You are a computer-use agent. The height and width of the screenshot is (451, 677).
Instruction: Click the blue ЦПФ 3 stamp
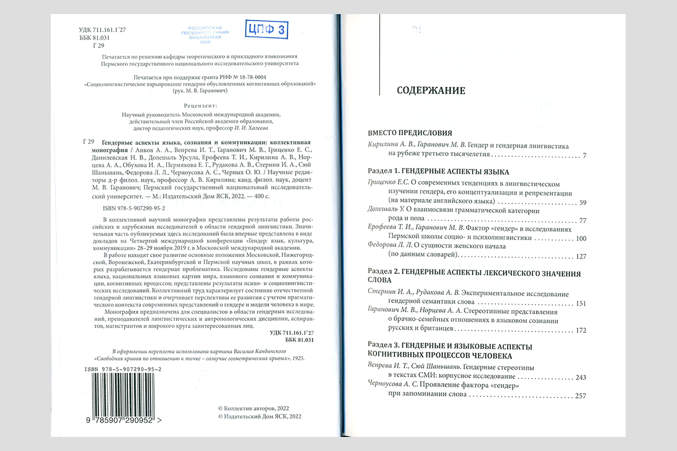pos(267,29)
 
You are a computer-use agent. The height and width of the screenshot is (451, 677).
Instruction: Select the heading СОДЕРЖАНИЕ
pos(431,90)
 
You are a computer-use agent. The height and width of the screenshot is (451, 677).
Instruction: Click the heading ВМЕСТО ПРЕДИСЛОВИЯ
pos(410,133)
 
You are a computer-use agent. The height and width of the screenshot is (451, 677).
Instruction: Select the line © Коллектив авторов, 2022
pos(253,407)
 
